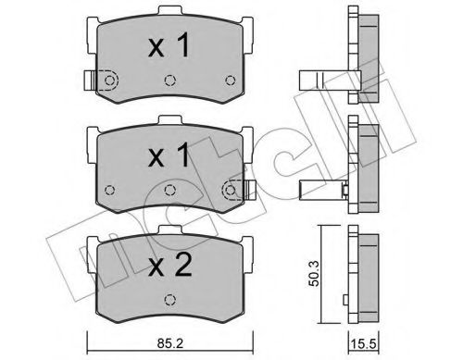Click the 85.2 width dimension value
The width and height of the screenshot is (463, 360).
(169, 343)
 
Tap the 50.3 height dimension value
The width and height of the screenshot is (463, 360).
(314, 274)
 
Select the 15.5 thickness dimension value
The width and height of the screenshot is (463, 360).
(364, 343)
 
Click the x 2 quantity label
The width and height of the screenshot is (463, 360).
(170, 267)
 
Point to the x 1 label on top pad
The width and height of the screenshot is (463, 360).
(169, 46)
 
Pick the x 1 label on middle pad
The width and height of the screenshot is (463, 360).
(169, 155)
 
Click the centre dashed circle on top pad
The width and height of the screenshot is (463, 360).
(169, 81)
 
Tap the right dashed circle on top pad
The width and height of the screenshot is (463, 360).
(230, 81)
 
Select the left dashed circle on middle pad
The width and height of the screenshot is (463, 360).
(110, 190)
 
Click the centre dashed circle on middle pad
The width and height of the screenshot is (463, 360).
(169, 190)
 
